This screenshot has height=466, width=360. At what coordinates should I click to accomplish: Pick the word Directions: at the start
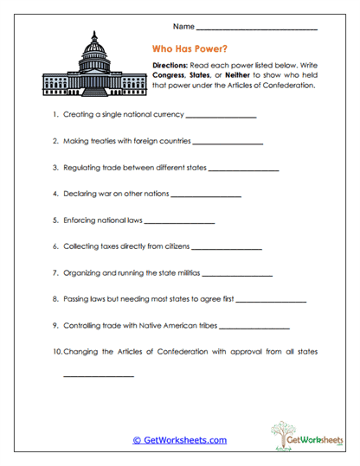168,65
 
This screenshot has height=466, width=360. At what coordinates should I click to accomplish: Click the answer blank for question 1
221,116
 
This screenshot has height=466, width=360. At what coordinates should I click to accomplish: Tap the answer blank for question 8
270,301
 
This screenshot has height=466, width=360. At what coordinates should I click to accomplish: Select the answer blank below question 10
99,377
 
